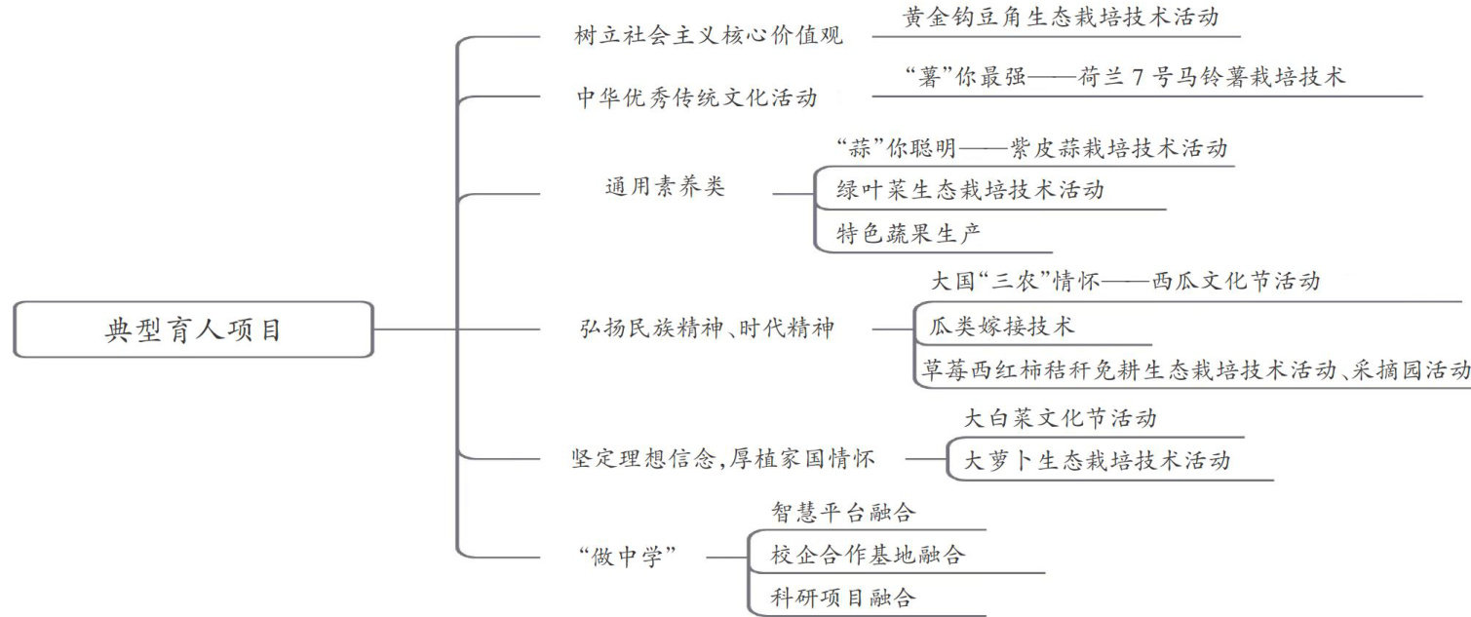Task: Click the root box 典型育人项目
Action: (x=193, y=329)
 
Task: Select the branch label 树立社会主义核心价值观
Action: (x=708, y=38)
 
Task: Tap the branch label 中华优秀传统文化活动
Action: (x=696, y=98)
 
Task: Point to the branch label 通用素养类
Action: (x=665, y=188)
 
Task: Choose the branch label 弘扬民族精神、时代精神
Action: (x=707, y=329)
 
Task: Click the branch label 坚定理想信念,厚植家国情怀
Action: (x=722, y=458)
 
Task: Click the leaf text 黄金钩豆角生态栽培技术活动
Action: (x=1061, y=19)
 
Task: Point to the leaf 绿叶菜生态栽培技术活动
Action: (x=970, y=190)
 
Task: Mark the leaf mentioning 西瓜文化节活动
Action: (x=1126, y=282)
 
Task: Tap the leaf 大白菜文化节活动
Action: (x=1060, y=419)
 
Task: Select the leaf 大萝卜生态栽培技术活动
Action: (x=1097, y=461)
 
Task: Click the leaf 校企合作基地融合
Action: (x=868, y=555)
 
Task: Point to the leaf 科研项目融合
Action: (x=843, y=597)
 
